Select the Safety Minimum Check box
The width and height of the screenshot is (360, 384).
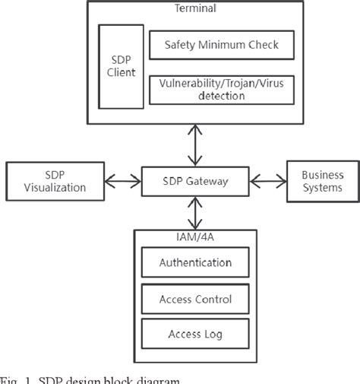pyautogui.click(x=222, y=45)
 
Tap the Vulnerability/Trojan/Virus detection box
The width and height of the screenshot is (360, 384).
pyautogui.click(x=222, y=90)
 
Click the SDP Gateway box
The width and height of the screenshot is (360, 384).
pyautogui.click(x=196, y=182)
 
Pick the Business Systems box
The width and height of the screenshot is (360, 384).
pyautogui.click(x=322, y=182)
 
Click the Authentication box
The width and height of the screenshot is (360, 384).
pyautogui.click(x=195, y=263)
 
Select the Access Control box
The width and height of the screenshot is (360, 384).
pyautogui.click(x=195, y=299)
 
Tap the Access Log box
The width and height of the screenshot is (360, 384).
pyautogui.click(x=195, y=334)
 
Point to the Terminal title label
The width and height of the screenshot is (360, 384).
pyautogui.click(x=196, y=8)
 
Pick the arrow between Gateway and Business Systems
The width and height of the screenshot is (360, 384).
pyautogui.click(x=268, y=182)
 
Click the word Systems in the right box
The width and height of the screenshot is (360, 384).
pyautogui.click(x=322, y=189)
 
